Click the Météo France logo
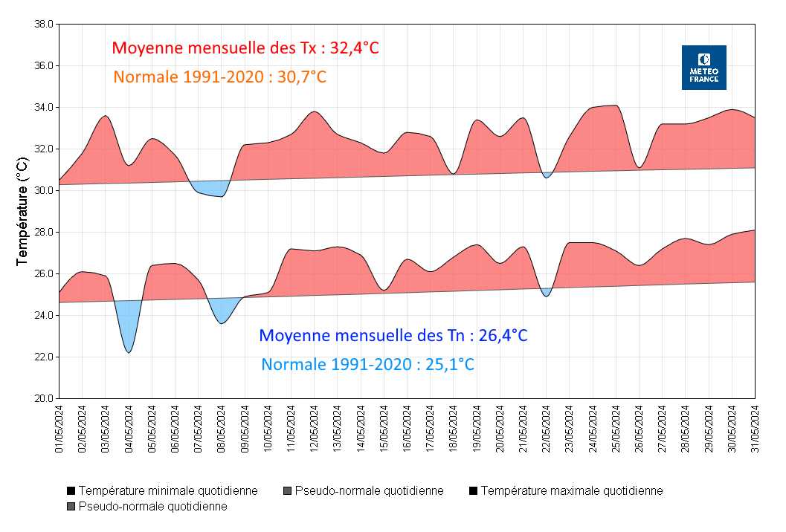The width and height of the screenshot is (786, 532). point(703,68)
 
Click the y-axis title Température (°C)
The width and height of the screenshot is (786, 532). point(22,211)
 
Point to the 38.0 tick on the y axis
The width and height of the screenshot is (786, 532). point(43,24)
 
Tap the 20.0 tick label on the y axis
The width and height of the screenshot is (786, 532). point(43,398)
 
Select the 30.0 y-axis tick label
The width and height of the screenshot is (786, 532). point(43,190)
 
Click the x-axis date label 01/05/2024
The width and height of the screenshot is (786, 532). point(59,429)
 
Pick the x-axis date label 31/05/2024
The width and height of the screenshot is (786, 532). point(756,429)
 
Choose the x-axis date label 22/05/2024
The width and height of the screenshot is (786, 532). point(547,429)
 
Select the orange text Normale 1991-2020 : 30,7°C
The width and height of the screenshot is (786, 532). point(219,77)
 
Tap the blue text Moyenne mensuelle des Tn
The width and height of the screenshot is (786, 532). point(393,336)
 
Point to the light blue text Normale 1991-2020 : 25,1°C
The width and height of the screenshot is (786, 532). point(368,365)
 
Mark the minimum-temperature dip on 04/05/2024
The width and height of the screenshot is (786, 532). point(129,351)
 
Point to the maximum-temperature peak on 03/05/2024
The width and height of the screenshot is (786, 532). point(106,116)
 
